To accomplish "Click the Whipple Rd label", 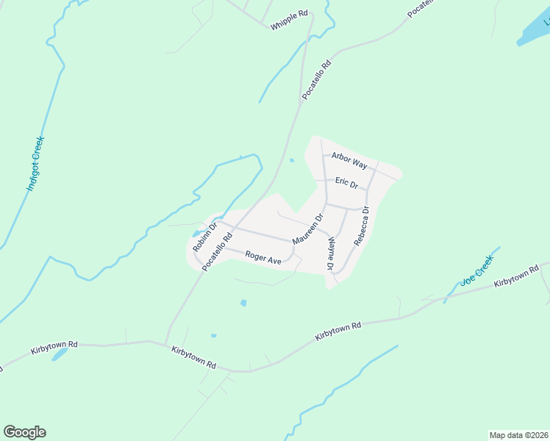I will [289, 20].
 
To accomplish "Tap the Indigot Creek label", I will [35, 164].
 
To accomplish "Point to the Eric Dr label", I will [346, 182].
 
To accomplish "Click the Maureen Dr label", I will [307, 230].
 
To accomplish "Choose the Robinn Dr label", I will [203, 237].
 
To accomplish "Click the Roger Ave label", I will [263, 258].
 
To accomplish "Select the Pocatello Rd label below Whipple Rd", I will [317, 80].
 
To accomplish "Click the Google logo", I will [24, 432].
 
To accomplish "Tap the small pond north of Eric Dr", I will [292, 160].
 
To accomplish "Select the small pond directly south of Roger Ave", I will [243, 302].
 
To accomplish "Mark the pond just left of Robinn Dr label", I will [194, 234].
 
